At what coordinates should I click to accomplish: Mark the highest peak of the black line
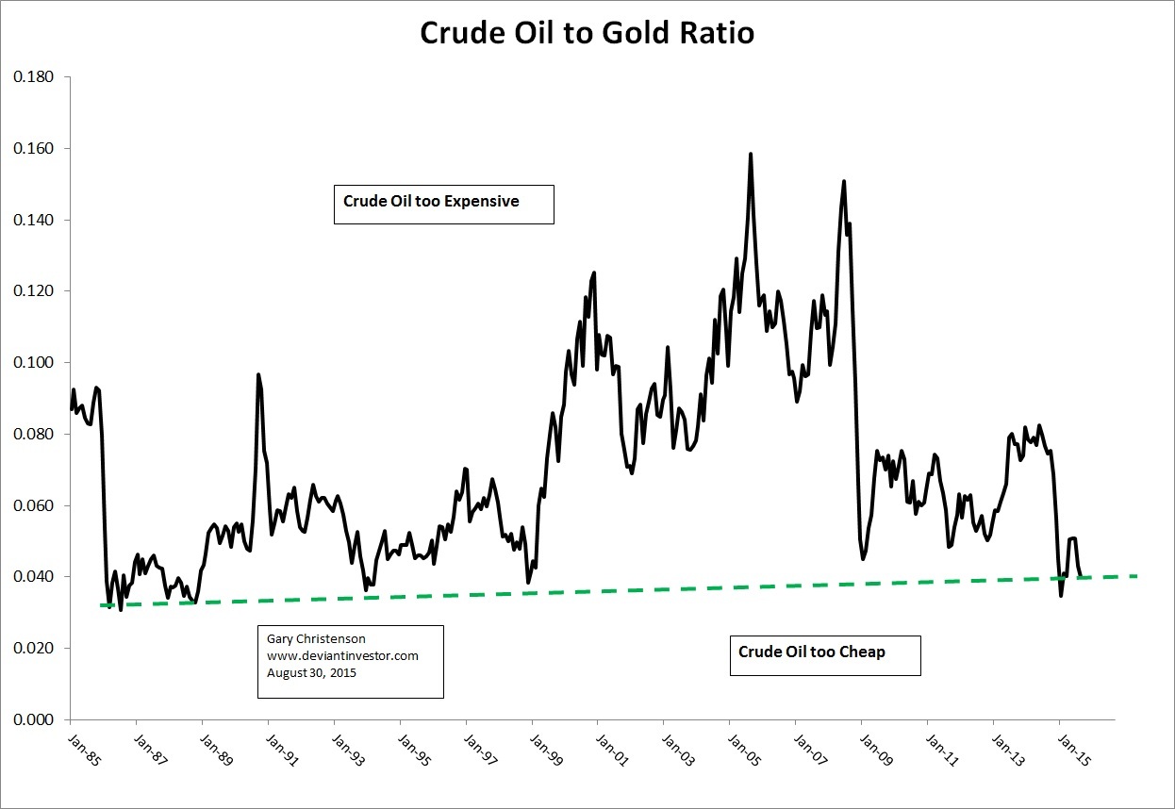[751, 153]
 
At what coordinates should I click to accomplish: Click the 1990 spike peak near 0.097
[258, 375]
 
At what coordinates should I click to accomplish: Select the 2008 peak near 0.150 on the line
[844, 181]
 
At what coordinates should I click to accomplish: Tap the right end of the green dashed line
[1137, 575]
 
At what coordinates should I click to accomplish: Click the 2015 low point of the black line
[1061, 595]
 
